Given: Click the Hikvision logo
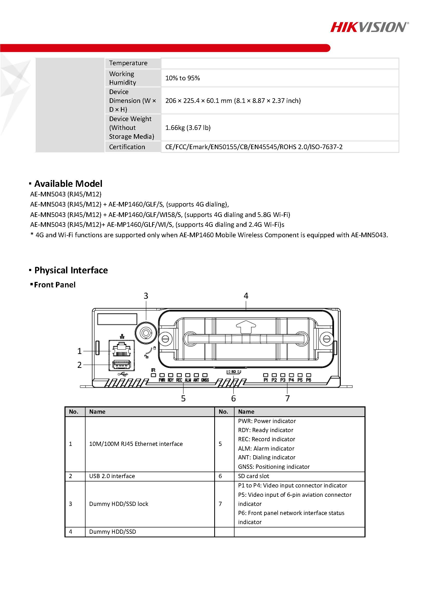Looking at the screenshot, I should click(x=369, y=27).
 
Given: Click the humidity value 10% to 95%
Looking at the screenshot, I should click(x=182, y=78).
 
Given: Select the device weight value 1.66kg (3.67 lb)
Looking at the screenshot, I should click(x=188, y=128).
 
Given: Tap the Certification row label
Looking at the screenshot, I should click(x=127, y=147).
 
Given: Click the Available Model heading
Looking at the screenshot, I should click(x=68, y=183).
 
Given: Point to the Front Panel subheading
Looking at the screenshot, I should click(x=55, y=285).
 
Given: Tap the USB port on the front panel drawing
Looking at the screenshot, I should click(x=122, y=365).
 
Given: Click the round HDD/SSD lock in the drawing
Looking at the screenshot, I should click(x=146, y=333).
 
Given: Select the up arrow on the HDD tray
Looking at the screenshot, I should click(x=246, y=327).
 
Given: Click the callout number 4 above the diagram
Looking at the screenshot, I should click(x=246, y=296).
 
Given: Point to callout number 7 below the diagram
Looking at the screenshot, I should click(x=288, y=398).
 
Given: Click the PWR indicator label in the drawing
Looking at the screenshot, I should click(x=162, y=380).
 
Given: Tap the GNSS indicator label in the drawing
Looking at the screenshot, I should click(x=205, y=380).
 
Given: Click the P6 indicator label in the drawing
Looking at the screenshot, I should click(x=309, y=380).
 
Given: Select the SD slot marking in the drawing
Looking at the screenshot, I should click(x=233, y=372).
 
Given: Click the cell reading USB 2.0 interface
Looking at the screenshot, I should click(x=112, y=476).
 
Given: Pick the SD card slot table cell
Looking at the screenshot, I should click(x=253, y=476).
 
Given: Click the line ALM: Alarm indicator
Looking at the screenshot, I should click(x=266, y=448).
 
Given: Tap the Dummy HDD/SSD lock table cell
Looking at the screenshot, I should click(x=119, y=504).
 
